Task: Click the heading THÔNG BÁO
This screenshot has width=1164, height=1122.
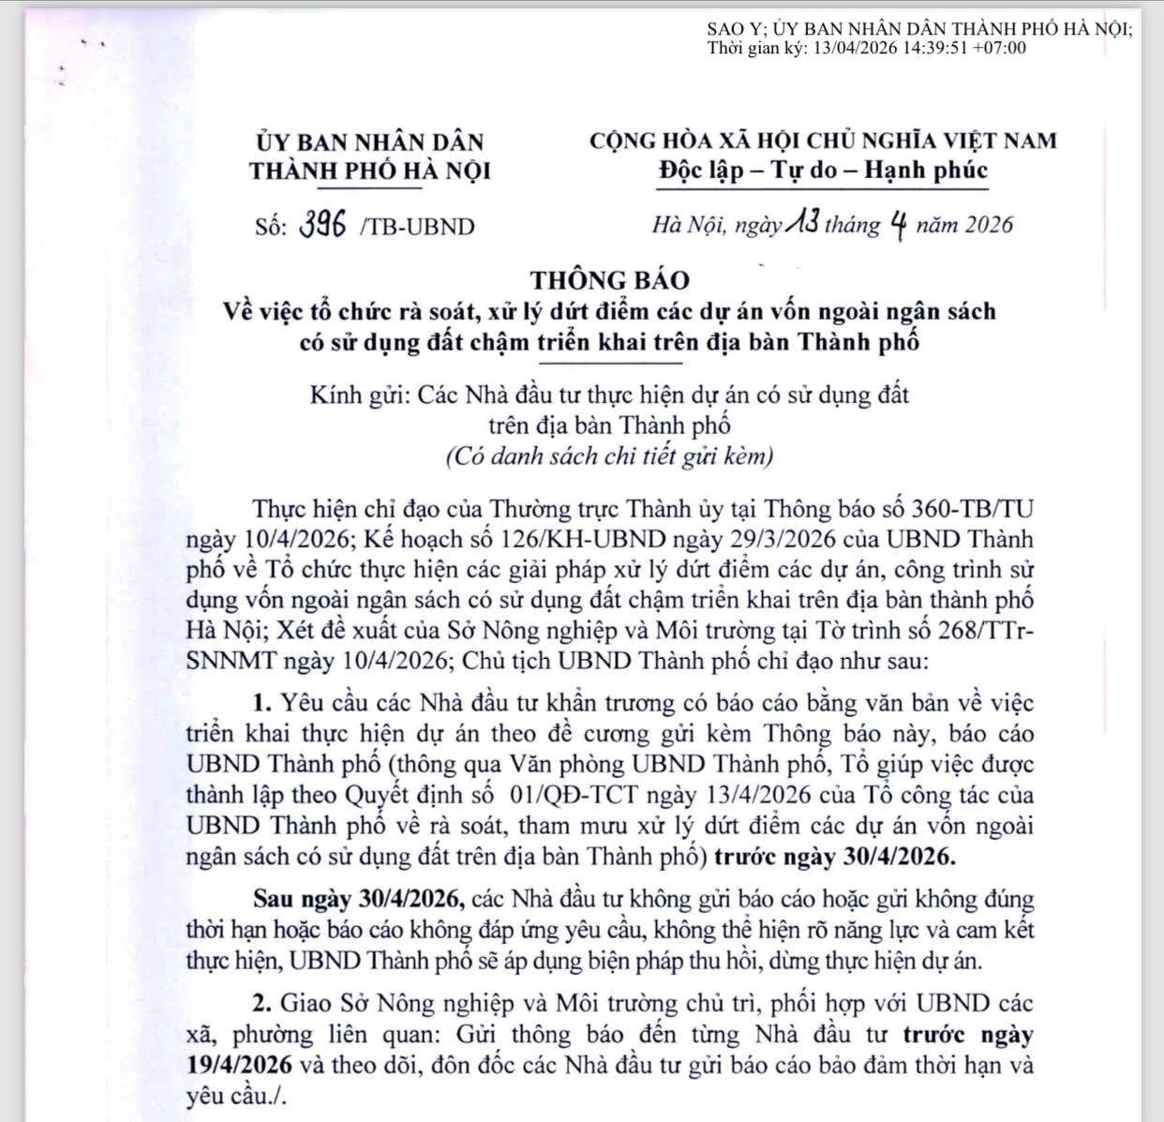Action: [x=609, y=279]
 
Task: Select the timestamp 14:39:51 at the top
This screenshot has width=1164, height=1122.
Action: [x=935, y=49]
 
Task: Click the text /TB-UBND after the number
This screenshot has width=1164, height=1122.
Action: [x=417, y=226]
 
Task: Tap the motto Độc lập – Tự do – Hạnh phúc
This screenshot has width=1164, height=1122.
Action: [x=822, y=171]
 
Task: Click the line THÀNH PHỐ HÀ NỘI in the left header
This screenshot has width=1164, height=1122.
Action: [x=370, y=172]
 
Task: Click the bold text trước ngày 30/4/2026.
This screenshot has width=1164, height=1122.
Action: [x=833, y=857]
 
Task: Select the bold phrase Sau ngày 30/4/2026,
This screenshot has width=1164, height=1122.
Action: [x=361, y=900]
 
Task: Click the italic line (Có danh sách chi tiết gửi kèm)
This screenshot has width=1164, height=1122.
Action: [x=609, y=456]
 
